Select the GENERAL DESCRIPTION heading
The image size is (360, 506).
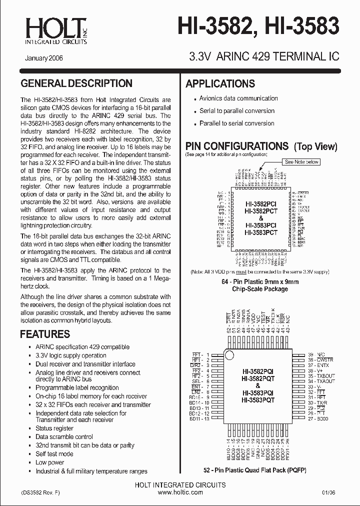[76, 83]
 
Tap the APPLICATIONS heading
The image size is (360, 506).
[220, 83]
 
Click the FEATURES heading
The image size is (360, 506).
[44, 334]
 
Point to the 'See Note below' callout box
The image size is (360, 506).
[302, 162]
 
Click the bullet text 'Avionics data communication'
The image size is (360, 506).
[238, 98]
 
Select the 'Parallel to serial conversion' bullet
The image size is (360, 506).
[236, 123]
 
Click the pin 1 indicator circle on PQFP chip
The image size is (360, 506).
[229, 354]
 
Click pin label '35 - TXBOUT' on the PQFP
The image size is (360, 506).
[321, 375]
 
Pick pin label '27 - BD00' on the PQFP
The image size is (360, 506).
[318, 419]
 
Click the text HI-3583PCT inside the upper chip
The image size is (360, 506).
[260, 232]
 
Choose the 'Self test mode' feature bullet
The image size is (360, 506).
[54, 454]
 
